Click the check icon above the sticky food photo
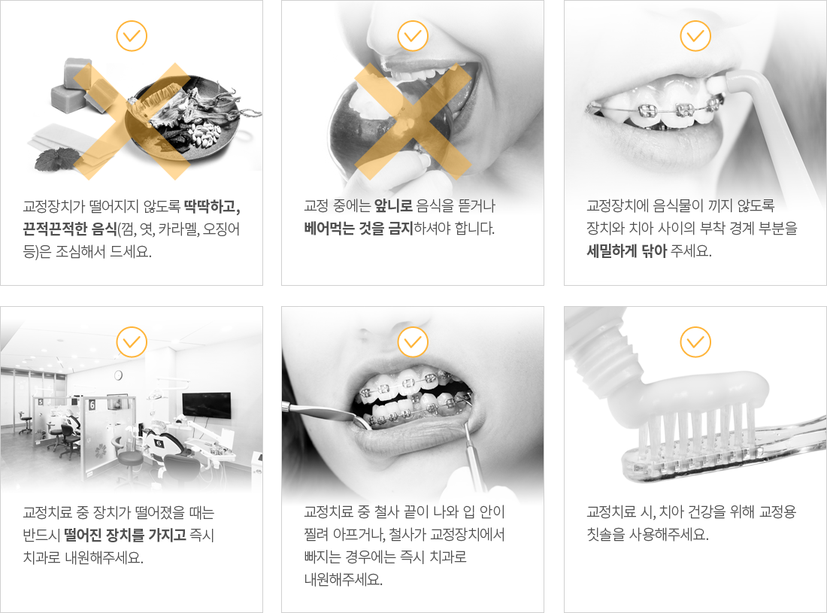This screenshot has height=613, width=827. pos(132,36)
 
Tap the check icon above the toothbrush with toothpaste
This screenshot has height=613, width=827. pos(695,341)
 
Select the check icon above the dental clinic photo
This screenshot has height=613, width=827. pos(132,341)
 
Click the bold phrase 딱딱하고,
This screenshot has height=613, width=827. pos(212,206)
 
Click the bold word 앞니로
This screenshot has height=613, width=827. pos(393,206)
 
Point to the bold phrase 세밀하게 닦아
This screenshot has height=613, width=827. pos(626,250)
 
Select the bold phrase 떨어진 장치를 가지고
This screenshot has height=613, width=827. pos(125,535)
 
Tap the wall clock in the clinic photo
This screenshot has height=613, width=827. pos(118,375)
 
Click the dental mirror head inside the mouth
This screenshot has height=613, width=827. pos(363,421)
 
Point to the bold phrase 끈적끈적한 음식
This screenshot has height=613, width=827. pos(70,229)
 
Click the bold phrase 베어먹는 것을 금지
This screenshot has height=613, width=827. pos(358,229)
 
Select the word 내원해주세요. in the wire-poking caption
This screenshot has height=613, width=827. pos(344,579)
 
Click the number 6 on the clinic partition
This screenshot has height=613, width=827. pos(92,405)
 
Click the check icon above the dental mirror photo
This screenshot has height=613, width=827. pos(413,341)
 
